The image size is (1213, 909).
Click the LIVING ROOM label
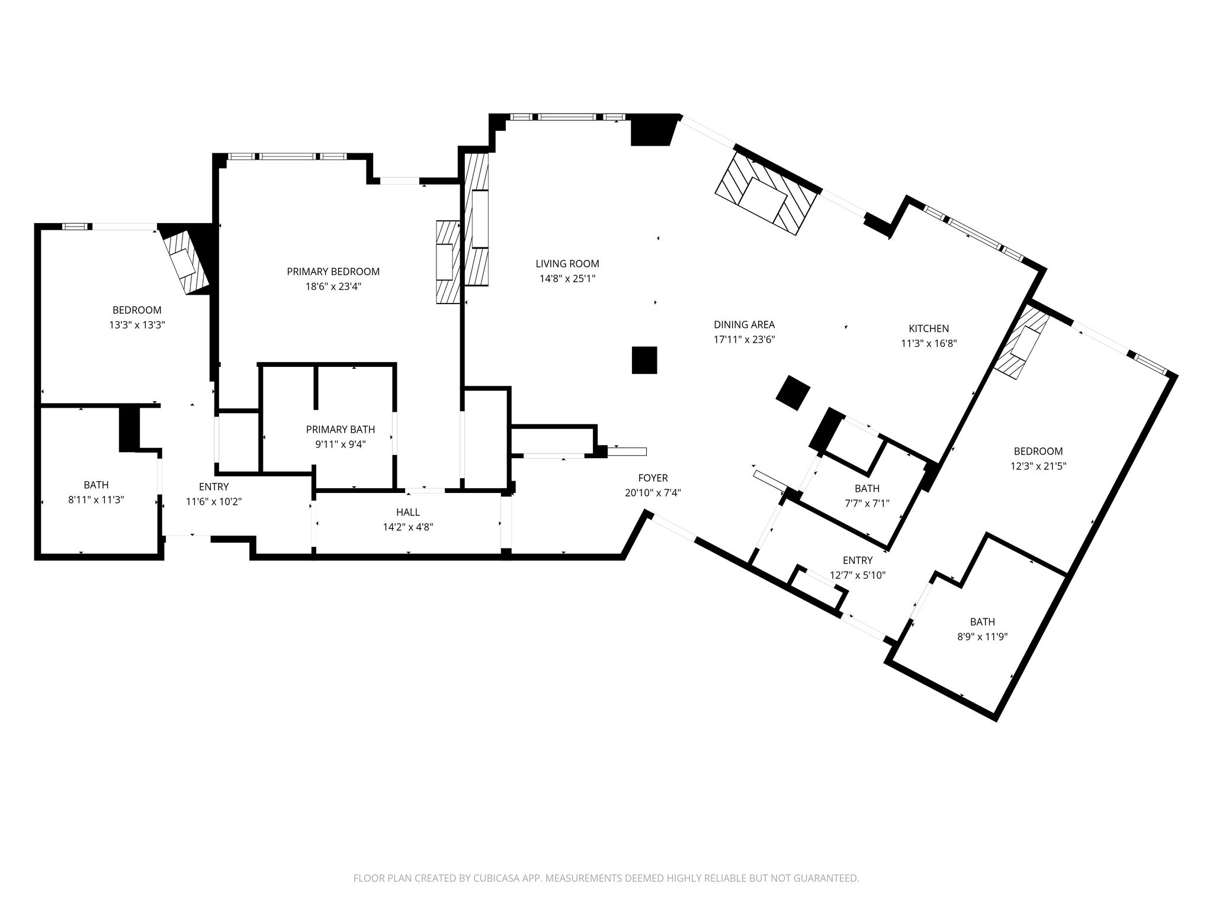point(567,264)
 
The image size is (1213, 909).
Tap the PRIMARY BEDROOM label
point(333,272)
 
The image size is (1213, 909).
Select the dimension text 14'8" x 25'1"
point(567,279)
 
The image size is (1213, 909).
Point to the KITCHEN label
point(929,328)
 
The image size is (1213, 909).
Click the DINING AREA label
point(744,324)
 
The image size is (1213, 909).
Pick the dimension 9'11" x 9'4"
point(340,444)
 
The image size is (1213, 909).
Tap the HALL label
point(408,512)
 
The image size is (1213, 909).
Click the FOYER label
point(653,478)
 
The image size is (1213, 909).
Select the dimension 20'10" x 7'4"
point(653,493)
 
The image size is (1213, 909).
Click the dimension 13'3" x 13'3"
point(137,325)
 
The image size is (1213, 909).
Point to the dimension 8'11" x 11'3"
point(96,500)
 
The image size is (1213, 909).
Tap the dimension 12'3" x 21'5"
point(1038,466)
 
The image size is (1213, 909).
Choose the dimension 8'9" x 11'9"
point(982,637)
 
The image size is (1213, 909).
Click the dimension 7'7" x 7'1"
point(867,504)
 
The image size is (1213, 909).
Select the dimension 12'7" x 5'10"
point(858,575)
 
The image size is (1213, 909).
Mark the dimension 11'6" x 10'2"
point(214,501)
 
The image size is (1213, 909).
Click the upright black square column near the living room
point(644,360)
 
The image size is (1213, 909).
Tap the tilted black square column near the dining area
point(793,392)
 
